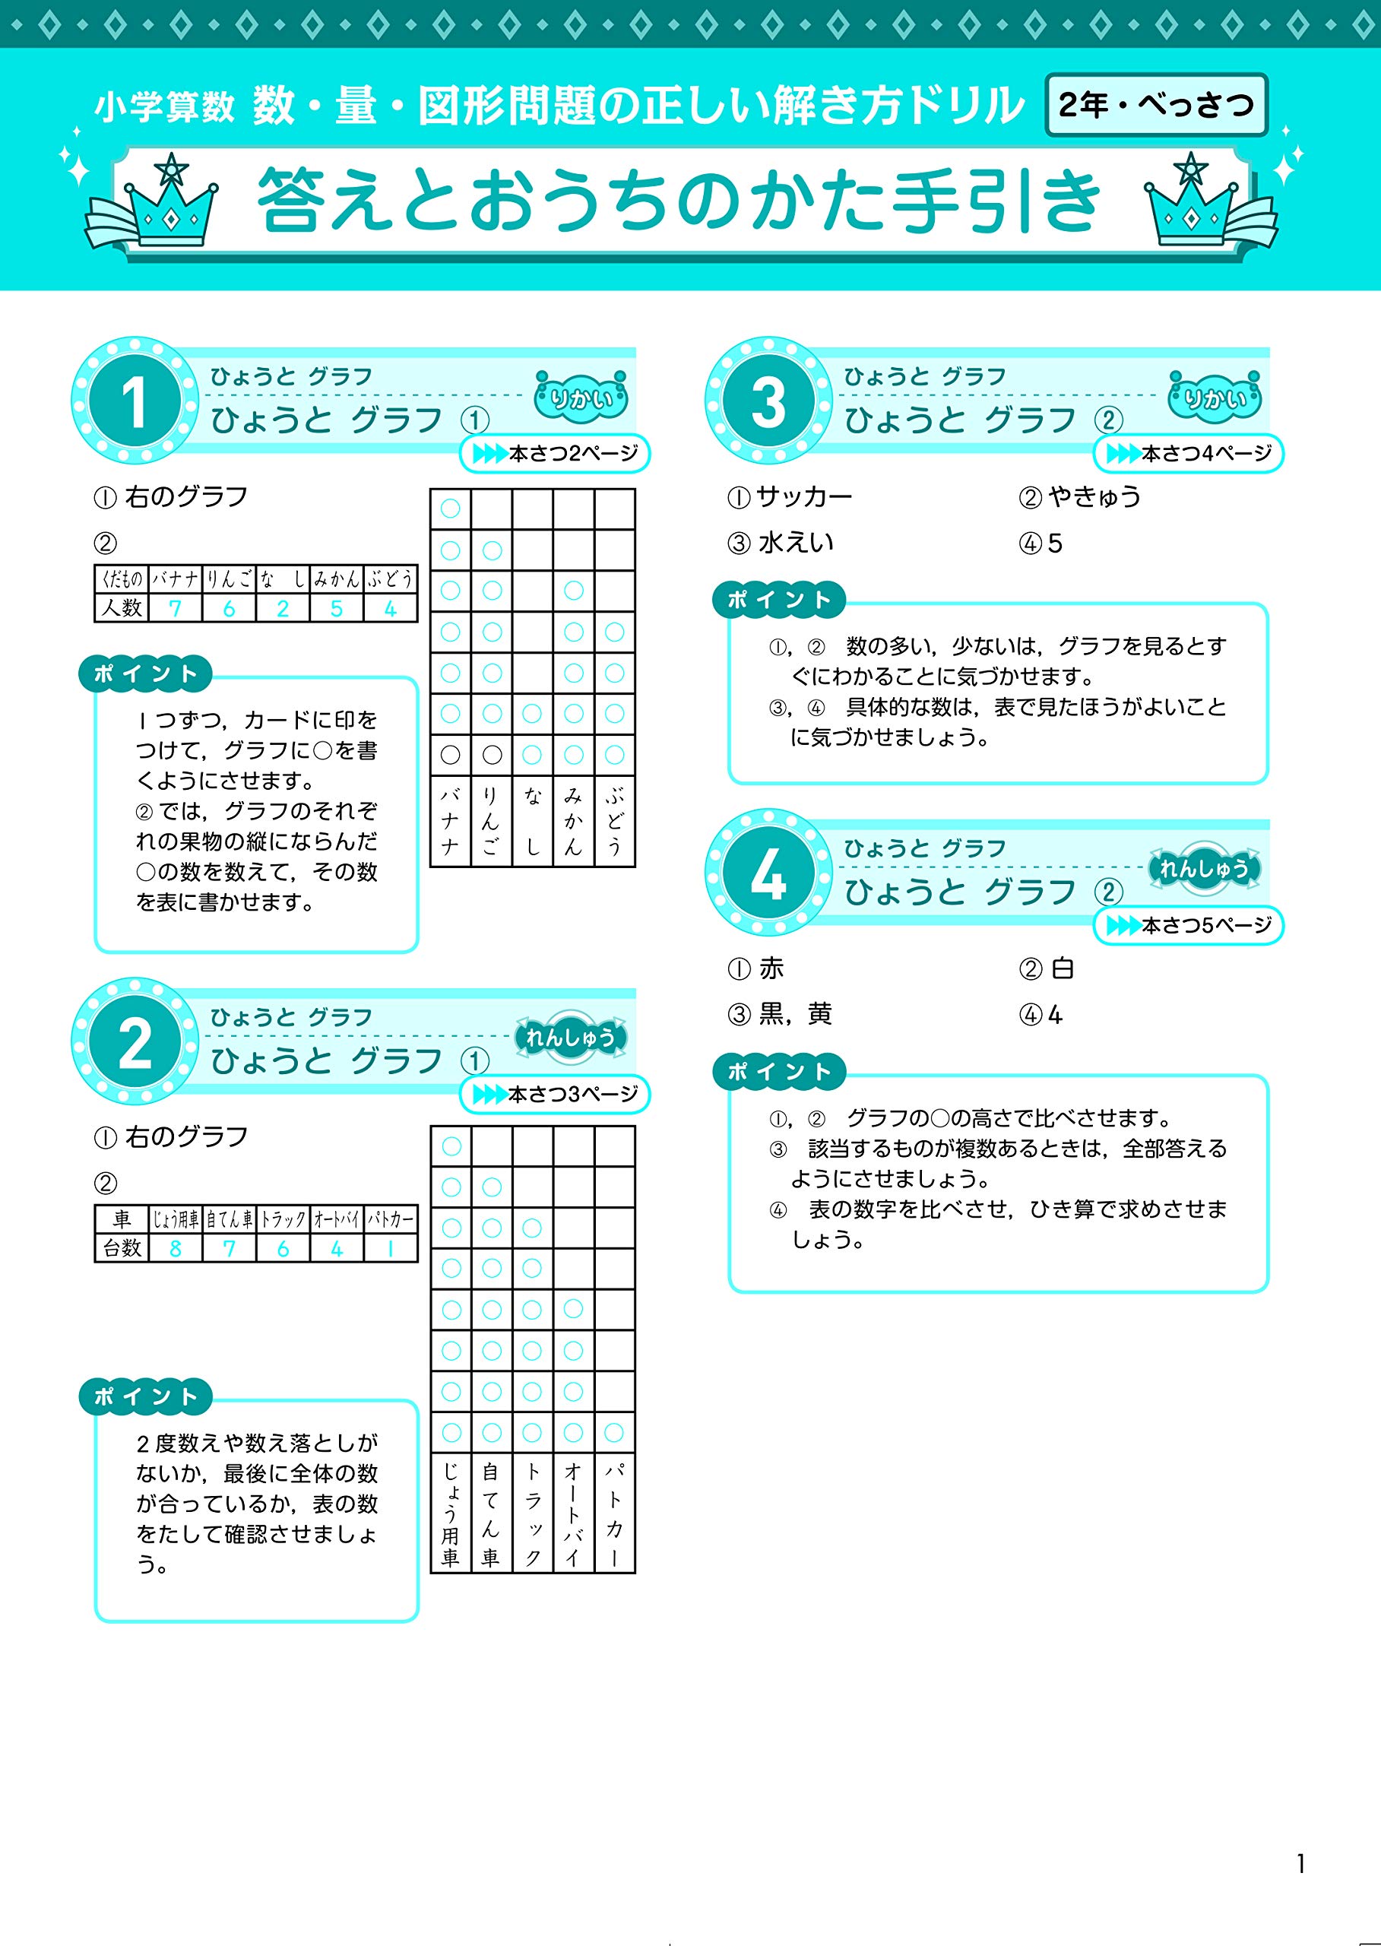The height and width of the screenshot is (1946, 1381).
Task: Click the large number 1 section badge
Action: click(x=135, y=401)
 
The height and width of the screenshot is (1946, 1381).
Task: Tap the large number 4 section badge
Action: click(x=767, y=873)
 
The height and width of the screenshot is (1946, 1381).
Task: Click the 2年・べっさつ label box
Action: click(x=1156, y=106)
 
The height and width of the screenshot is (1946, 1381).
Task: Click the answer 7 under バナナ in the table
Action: click(x=175, y=608)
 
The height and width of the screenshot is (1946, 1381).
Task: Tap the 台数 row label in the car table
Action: click(x=122, y=1249)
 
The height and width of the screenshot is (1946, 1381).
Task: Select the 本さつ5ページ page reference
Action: click(x=1189, y=925)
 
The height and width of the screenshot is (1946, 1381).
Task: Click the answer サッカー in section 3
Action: click(x=803, y=496)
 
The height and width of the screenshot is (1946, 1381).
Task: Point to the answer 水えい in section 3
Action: click(x=795, y=543)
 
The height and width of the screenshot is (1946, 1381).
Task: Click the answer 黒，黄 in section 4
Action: click(x=794, y=1015)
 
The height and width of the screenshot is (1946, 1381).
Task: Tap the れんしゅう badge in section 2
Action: click(x=570, y=1037)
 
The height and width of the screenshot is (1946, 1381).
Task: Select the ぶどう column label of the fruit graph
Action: click(x=614, y=822)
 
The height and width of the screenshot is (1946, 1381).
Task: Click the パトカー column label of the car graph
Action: click(x=614, y=1515)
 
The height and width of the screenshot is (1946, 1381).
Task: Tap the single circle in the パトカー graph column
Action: click(x=614, y=1433)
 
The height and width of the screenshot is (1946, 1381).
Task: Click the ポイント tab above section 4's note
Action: click(x=779, y=1072)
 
